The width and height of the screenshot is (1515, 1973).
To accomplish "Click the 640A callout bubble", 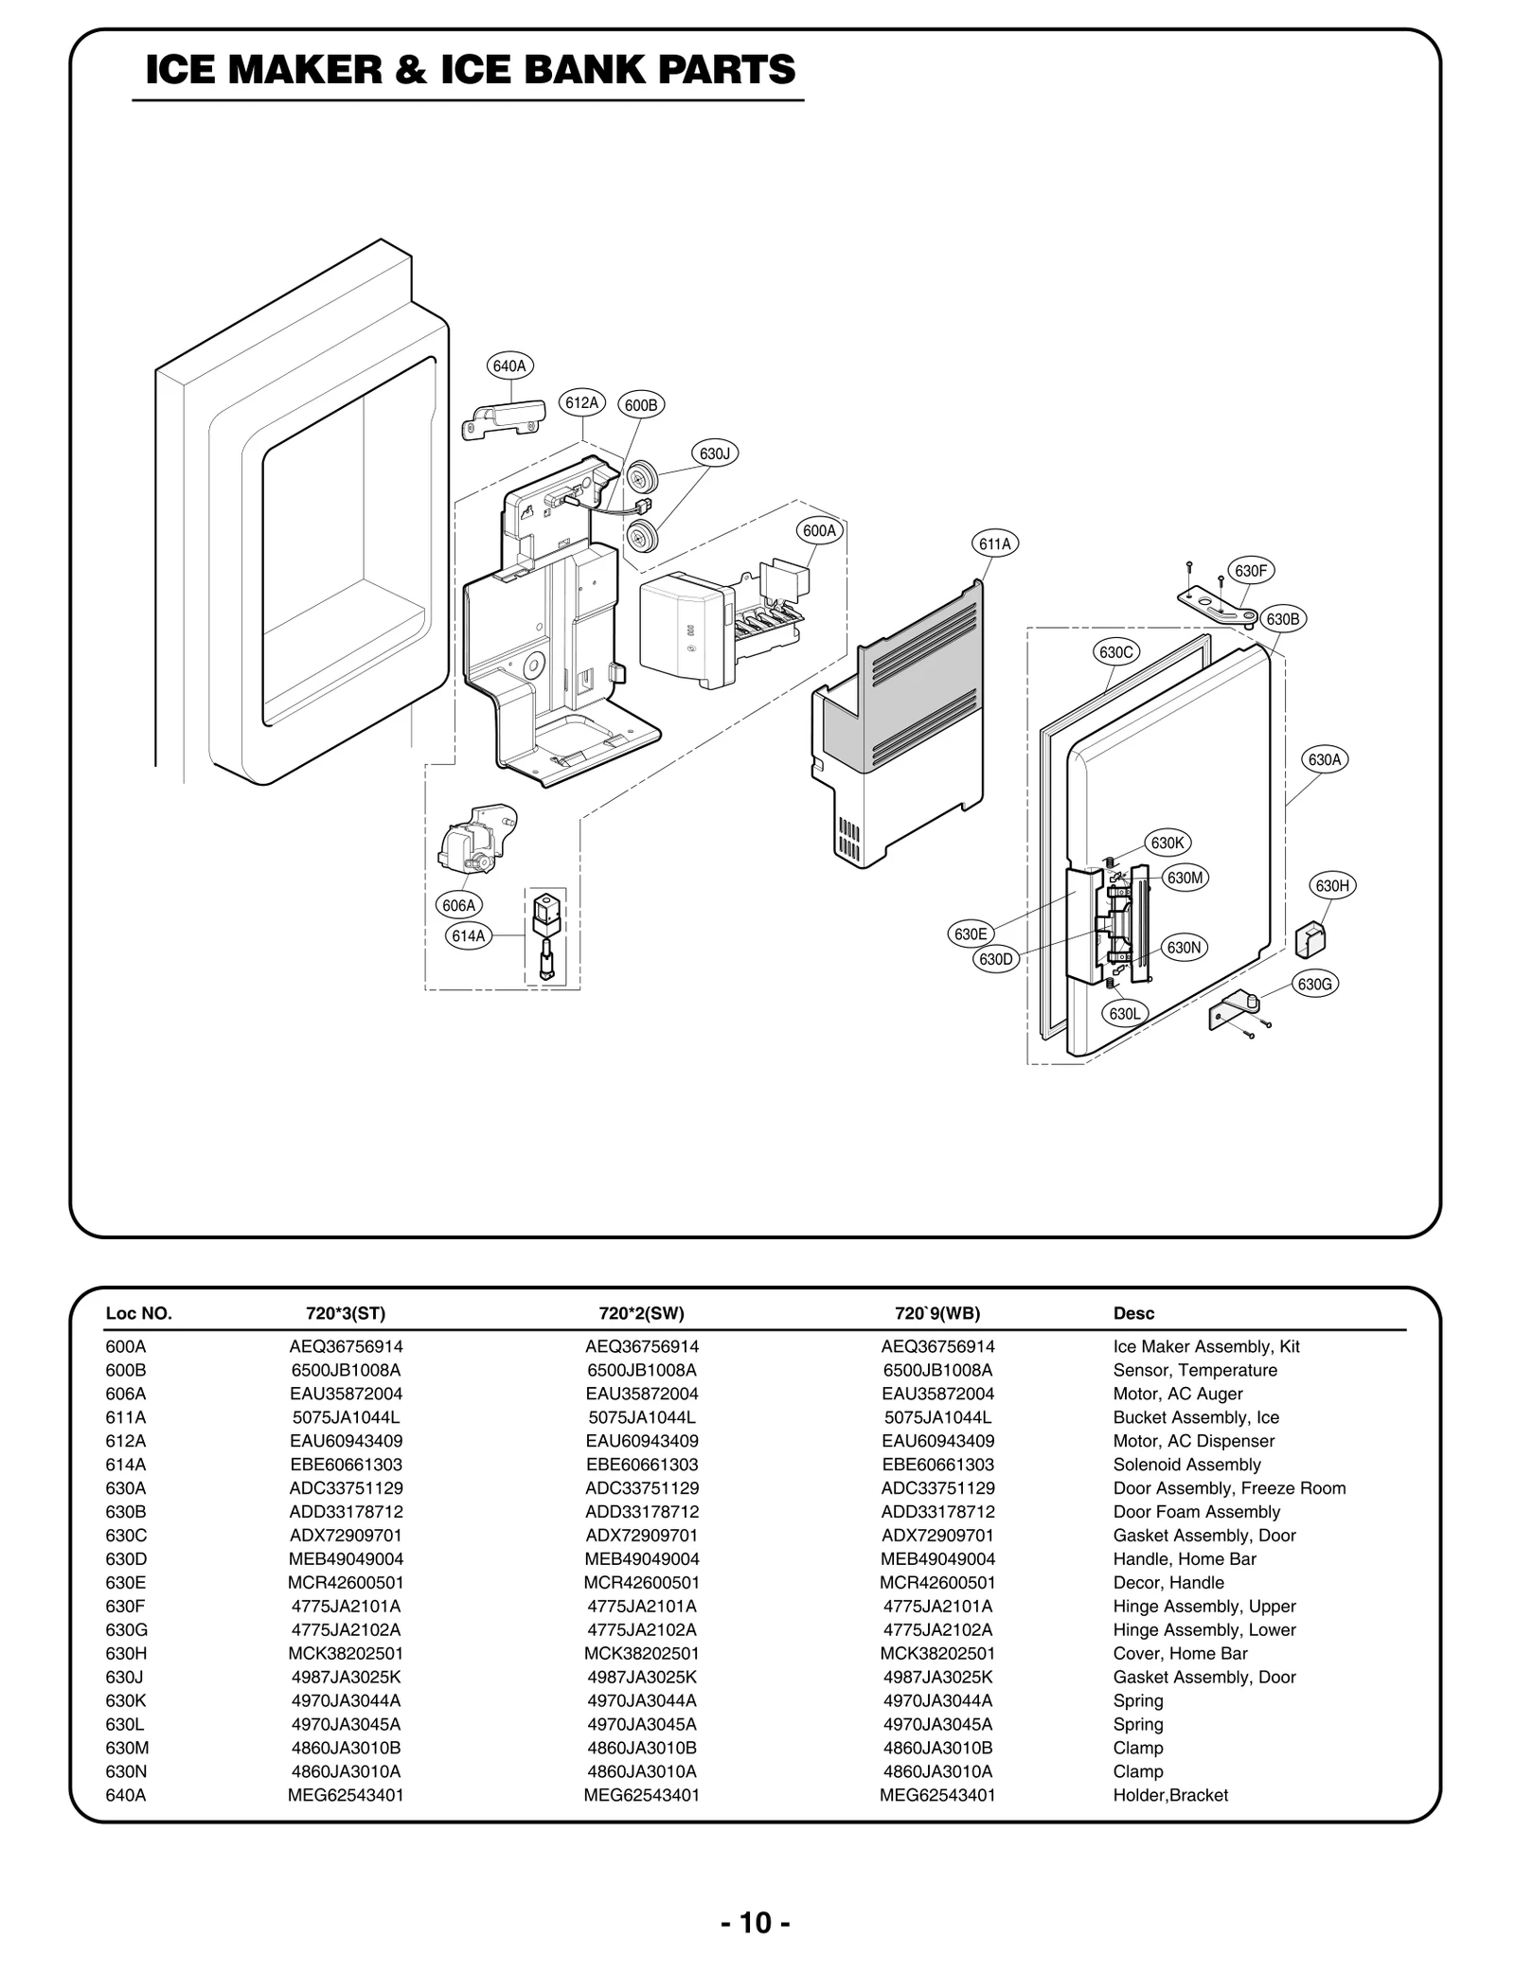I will click(509, 365).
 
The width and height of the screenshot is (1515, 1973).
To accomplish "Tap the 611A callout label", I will click(994, 543).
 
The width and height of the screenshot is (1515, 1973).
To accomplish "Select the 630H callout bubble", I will click(1331, 886).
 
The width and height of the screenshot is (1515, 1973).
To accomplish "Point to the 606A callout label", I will click(458, 905).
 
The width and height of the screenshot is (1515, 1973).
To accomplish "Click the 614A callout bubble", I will click(468, 936).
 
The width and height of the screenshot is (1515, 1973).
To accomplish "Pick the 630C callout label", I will click(1115, 652).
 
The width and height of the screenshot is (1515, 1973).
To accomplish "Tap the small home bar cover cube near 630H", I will click(1310, 939).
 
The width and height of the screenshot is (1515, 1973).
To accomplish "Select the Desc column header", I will click(1133, 1313).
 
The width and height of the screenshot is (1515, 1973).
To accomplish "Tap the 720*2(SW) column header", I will click(641, 1313).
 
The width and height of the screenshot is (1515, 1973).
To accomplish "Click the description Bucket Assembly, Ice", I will click(1195, 1417).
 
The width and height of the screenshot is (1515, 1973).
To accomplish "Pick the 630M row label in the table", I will click(126, 1748).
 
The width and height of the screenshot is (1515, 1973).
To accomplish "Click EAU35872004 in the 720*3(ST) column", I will click(346, 1394).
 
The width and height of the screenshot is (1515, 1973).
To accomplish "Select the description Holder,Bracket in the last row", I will click(1170, 1795).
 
